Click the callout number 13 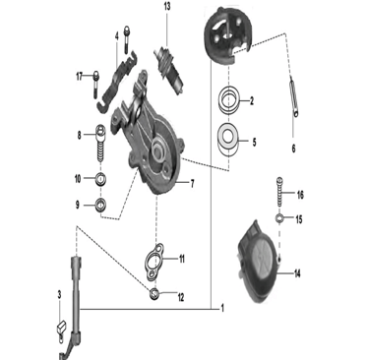tap(167, 6)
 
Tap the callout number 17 tap(80, 77)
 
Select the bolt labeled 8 tap(101, 143)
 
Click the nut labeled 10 tap(101, 179)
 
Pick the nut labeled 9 tap(101, 206)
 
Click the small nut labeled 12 tap(154, 293)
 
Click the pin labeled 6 tap(293, 96)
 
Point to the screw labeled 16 tap(279, 192)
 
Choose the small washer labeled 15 tap(279, 217)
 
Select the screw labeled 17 tap(95, 85)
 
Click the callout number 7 tap(193, 184)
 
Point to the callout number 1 tap(222, 308)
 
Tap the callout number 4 tap(117, 36)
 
